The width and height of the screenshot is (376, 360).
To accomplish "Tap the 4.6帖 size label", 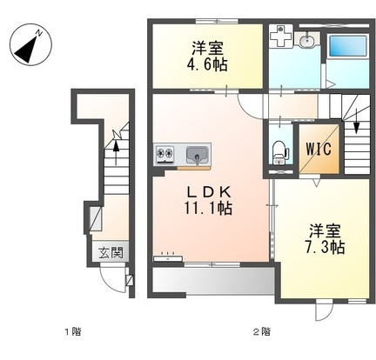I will pos(205,63).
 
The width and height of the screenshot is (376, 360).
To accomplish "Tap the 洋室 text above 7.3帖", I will pos(326,231).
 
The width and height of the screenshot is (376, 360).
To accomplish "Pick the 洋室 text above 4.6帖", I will pos(205,47).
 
